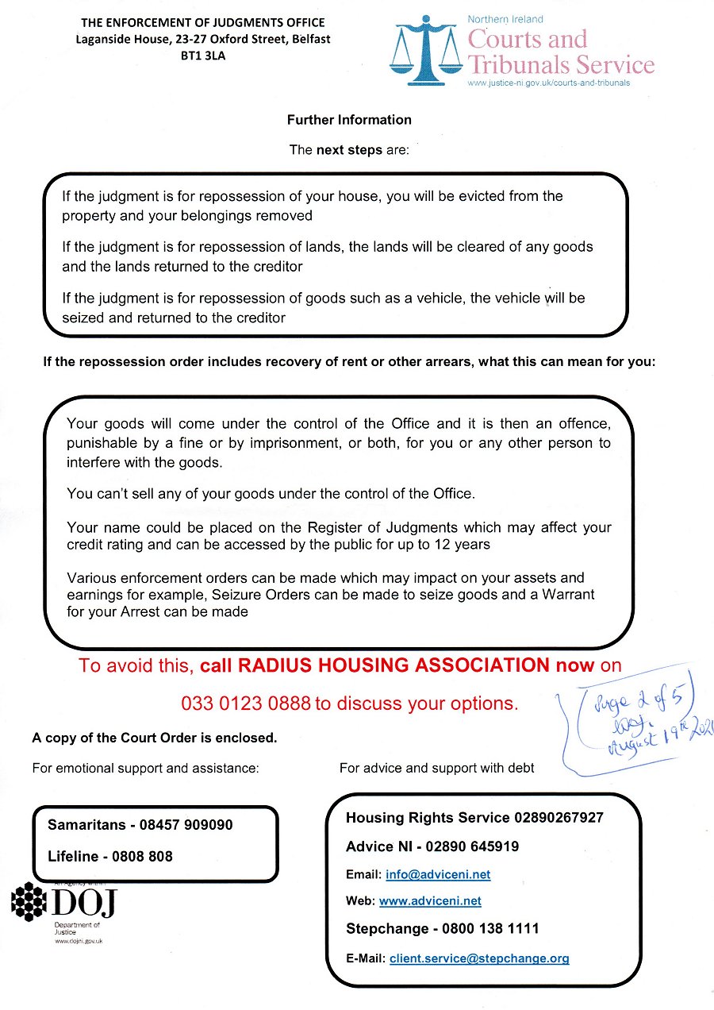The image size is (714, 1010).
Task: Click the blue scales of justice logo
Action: [x=426, y=52]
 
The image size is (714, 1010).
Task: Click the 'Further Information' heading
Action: [x=349, y=120]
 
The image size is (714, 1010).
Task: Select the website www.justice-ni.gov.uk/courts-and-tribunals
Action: [x=549, y=83]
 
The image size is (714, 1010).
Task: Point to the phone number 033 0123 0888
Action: [x=246, y=703]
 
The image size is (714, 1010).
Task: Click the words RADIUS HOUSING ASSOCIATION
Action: [x=397, y=665]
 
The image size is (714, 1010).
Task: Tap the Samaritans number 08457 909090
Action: [x=186, y=825]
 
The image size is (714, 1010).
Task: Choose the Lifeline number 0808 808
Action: [x=155, y=857]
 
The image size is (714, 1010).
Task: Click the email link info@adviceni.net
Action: [x=438, y=875]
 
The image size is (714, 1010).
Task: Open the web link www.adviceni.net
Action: [x=430, y=901]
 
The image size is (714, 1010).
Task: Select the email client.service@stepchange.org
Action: [x=479, y=958]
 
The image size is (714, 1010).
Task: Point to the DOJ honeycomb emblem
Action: [x=30, y=901]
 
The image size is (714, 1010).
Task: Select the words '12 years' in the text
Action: [x=464, y=545]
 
